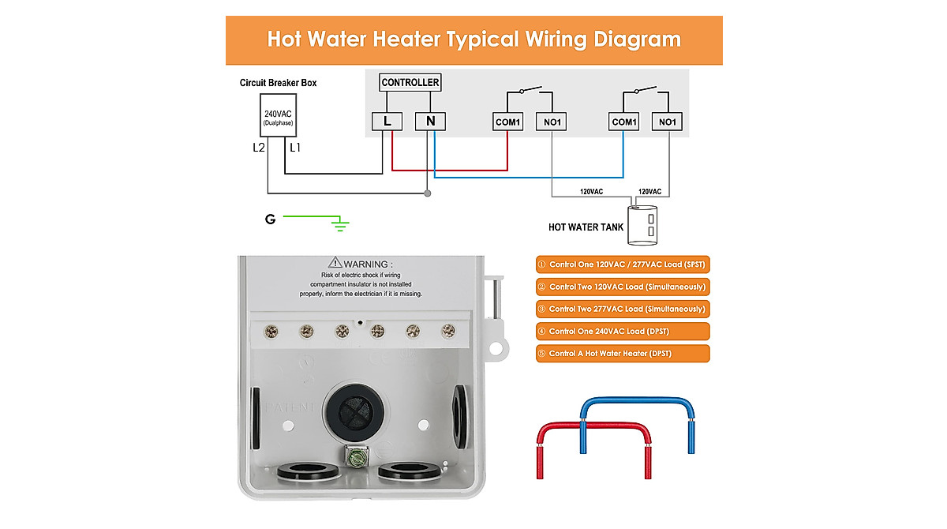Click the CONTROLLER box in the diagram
[x=410, y=82]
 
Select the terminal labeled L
[x=387, y=122]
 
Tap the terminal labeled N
[x=430, y=122]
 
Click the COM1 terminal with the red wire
[x=507, y=122]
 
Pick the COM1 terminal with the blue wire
[x=624, y=122]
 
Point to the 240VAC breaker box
[x=278, y=119]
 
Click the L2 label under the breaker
[x=259, y=148]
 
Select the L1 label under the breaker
[x=295, y=148]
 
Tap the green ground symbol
[x=340, y=225]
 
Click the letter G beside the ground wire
[x=271, y=219]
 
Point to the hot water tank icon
[x=644, y=223]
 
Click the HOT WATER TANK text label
[x=586, y=227]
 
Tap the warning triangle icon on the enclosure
[x=335, y=263]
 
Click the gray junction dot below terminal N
[x=427, y=193]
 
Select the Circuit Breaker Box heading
[x=278, y=83]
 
